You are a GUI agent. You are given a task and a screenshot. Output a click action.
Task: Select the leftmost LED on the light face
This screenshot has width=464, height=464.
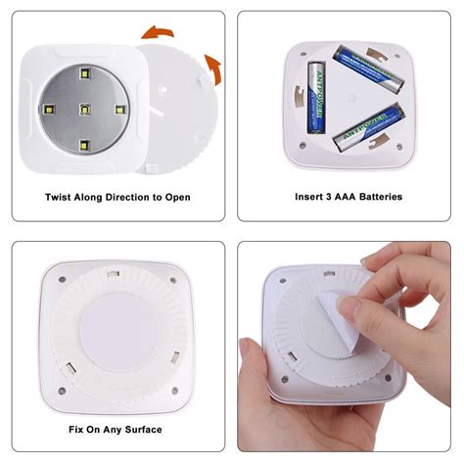coord(48,111)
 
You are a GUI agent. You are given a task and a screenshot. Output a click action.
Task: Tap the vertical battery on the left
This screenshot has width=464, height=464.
coord(317,98)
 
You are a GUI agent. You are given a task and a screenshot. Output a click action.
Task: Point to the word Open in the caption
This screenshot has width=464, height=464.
coord(175,197)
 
